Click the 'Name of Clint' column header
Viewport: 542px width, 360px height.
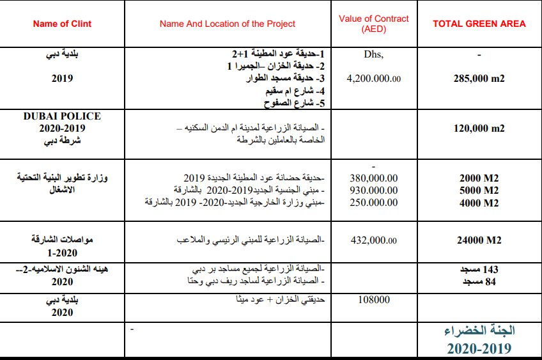coord(62,24)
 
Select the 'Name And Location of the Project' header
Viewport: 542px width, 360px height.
coord(228,24)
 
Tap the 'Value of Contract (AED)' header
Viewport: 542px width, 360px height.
coord(373,24)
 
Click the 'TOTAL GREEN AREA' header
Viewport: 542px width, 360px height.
coord(479,24)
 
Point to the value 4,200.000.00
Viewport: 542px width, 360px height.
coord(374,79)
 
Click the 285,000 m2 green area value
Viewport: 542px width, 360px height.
coord(479,79)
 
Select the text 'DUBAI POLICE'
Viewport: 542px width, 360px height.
coord(62,116)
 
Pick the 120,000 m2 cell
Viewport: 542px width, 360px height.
coord(479,128)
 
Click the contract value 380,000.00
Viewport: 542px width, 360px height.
coord(374,178)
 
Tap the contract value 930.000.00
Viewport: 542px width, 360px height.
coord(374,191)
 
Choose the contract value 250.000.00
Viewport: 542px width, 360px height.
coord(374,202)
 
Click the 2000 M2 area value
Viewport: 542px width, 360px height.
coord(479,178)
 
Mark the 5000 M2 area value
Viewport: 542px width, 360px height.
coord(479,191)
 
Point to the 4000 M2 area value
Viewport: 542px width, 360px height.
coord(479,202)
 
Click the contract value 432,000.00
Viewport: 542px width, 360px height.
coord(374,240)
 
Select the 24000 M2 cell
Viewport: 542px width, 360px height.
coord(479,240)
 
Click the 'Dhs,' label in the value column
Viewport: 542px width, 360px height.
coord(374,54)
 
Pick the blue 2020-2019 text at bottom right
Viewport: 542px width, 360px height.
coord(479,348)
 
